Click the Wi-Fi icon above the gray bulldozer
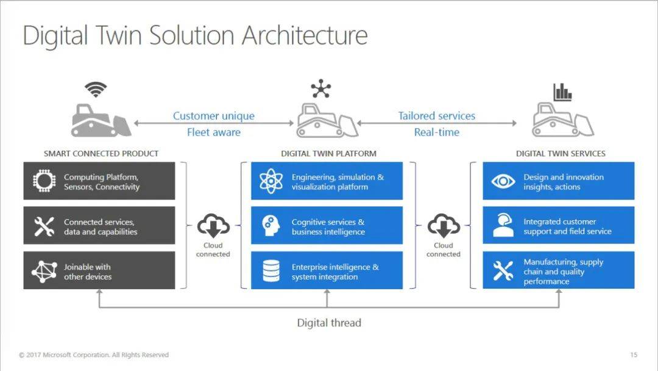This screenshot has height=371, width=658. point(96,89)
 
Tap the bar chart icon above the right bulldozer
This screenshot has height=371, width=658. point(562,92)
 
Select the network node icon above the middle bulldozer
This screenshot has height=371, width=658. point(321,88)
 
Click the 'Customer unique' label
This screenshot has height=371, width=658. point(214,116)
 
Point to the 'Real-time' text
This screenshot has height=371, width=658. point(436,132)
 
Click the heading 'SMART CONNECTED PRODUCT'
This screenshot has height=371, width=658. point(101,154)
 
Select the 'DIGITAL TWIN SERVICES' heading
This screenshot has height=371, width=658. point(561,154)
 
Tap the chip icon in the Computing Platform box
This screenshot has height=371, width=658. point(44,181)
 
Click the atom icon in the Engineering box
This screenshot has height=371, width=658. point(271,181)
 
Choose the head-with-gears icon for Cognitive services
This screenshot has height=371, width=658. point(271,226)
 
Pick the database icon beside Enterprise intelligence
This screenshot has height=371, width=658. point(271,270)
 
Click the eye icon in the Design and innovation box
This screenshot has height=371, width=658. point(503,181)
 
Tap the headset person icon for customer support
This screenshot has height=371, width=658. point(503,225)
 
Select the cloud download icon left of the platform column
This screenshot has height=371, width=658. point(213,226)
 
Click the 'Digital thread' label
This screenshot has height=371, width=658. point(329,323)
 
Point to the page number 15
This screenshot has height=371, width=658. point(634,355)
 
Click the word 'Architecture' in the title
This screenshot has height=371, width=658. point(305,35)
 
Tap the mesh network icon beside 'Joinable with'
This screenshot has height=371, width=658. point(44,272)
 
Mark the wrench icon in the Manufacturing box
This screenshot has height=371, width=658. point(503,270)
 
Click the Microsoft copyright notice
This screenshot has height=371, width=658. point(94,355)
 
